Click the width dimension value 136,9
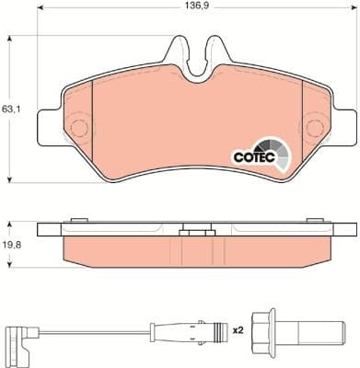(x=200, y=8)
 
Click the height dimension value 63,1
(x=11, y=108)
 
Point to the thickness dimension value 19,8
(x=11, y=246)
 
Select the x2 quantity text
(x=238, y=328)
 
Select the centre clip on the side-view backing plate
(x=196, y=233)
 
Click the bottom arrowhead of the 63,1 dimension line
(x=9, y=178)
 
